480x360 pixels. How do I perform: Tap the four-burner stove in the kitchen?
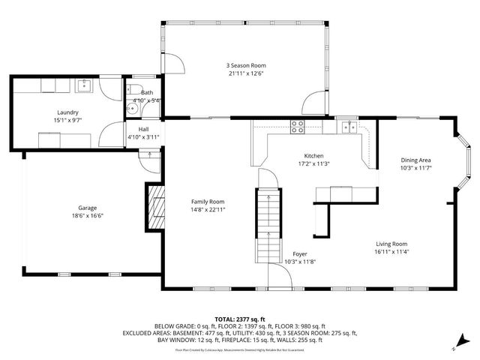[297, 127]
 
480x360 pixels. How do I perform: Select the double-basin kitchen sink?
[348, 127]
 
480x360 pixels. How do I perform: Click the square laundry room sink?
[82, 86]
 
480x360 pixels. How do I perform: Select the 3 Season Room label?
[246, 65]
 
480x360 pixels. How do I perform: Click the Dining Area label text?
[415, 160]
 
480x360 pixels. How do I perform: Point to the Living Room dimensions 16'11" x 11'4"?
[391, 252]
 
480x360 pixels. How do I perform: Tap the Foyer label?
[299, 253]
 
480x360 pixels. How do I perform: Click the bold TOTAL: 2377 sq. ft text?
[240, 319]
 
